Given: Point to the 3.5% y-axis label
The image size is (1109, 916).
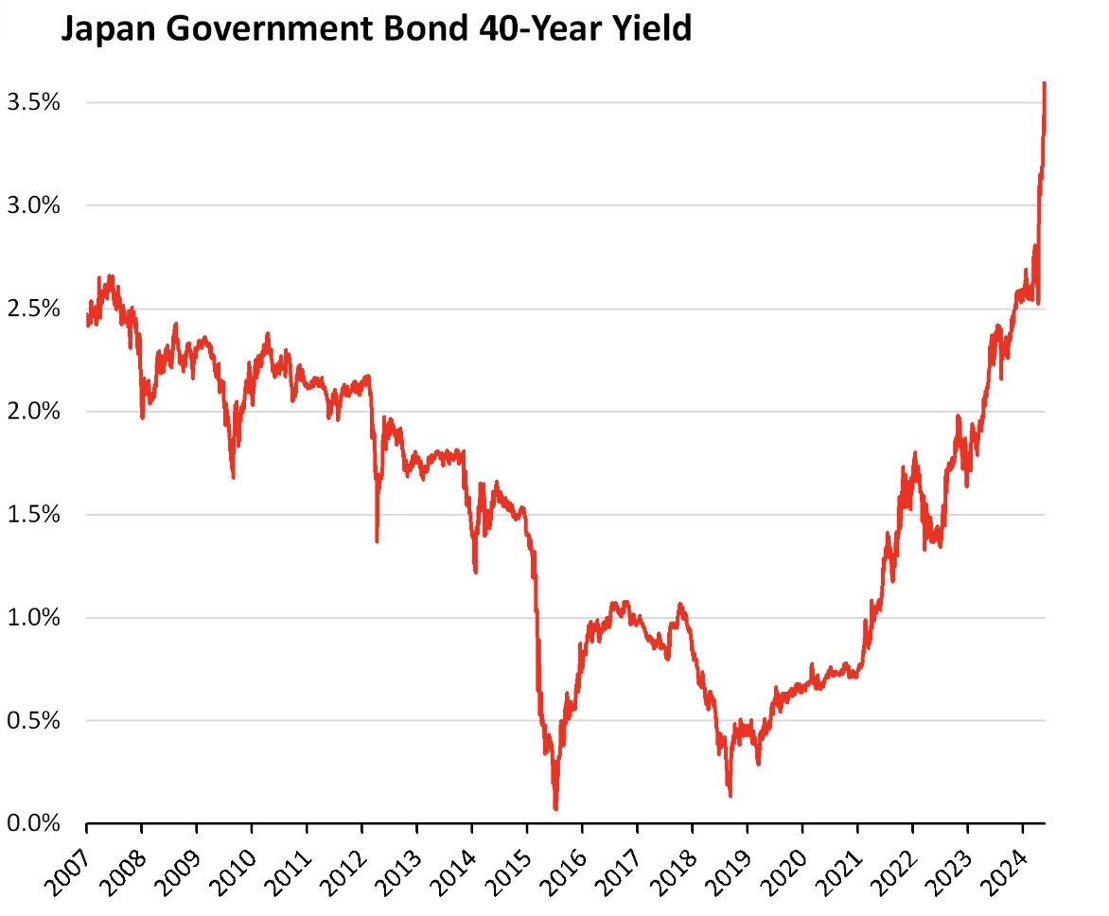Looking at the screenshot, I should coord(34,102).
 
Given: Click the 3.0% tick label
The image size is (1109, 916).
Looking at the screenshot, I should coord(34,205).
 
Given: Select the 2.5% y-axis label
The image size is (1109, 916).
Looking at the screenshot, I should coord(34,308).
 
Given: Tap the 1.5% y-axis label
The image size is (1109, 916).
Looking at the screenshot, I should coord(34,515).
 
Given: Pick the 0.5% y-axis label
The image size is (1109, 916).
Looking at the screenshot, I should coord(34,721).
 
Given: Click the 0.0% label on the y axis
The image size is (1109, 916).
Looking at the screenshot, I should coord(34,824).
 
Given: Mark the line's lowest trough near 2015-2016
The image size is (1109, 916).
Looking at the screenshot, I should coord(555,808).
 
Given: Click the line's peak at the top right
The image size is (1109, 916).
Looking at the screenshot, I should coord(1044,84).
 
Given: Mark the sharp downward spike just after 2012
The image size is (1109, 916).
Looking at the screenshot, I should coord(377,540).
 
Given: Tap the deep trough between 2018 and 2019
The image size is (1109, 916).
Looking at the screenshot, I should coord(730,795).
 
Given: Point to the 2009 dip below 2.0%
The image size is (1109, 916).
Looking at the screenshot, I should coord(233,476).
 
